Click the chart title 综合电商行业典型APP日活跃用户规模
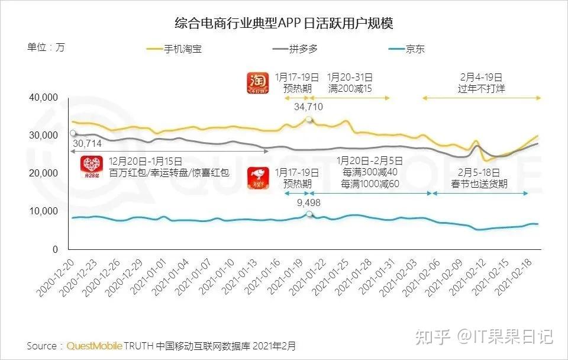(284, 23)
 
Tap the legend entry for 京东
(415, 49)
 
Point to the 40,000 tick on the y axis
(43, 97)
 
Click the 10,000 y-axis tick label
(43, 211)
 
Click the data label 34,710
(308, 107)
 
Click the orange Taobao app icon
(259, 83)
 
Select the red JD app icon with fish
(259, 178)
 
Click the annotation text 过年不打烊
(481, 89)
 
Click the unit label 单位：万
(46, 47)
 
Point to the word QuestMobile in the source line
(95, 345)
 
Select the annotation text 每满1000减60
(370, 184)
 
